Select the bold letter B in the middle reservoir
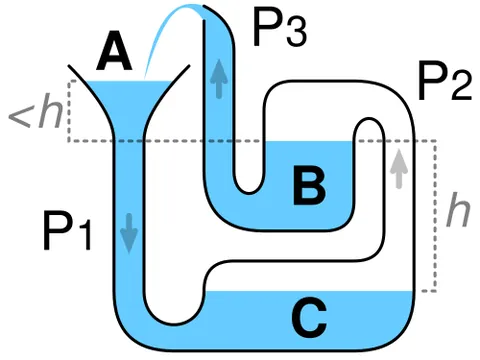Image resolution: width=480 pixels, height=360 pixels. (309, 185)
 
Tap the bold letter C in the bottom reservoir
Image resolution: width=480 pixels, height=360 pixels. (309, 317)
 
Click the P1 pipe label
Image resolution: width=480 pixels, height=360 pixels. (67, 231)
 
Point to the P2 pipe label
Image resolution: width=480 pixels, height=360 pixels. (445, 80)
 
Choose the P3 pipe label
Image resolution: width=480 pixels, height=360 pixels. (280, 27)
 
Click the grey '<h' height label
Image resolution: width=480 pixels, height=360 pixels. (36, 111)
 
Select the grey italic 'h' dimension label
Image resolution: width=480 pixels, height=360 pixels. (458, 209)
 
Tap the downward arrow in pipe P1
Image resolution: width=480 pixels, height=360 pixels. (129, 233)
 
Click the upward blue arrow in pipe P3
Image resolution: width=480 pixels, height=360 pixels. (219, 79)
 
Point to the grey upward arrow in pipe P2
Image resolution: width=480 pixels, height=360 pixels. (399, 169)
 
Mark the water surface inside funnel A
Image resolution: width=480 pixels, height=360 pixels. (130, 82)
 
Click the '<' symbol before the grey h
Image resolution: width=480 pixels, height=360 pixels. (20, 116)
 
